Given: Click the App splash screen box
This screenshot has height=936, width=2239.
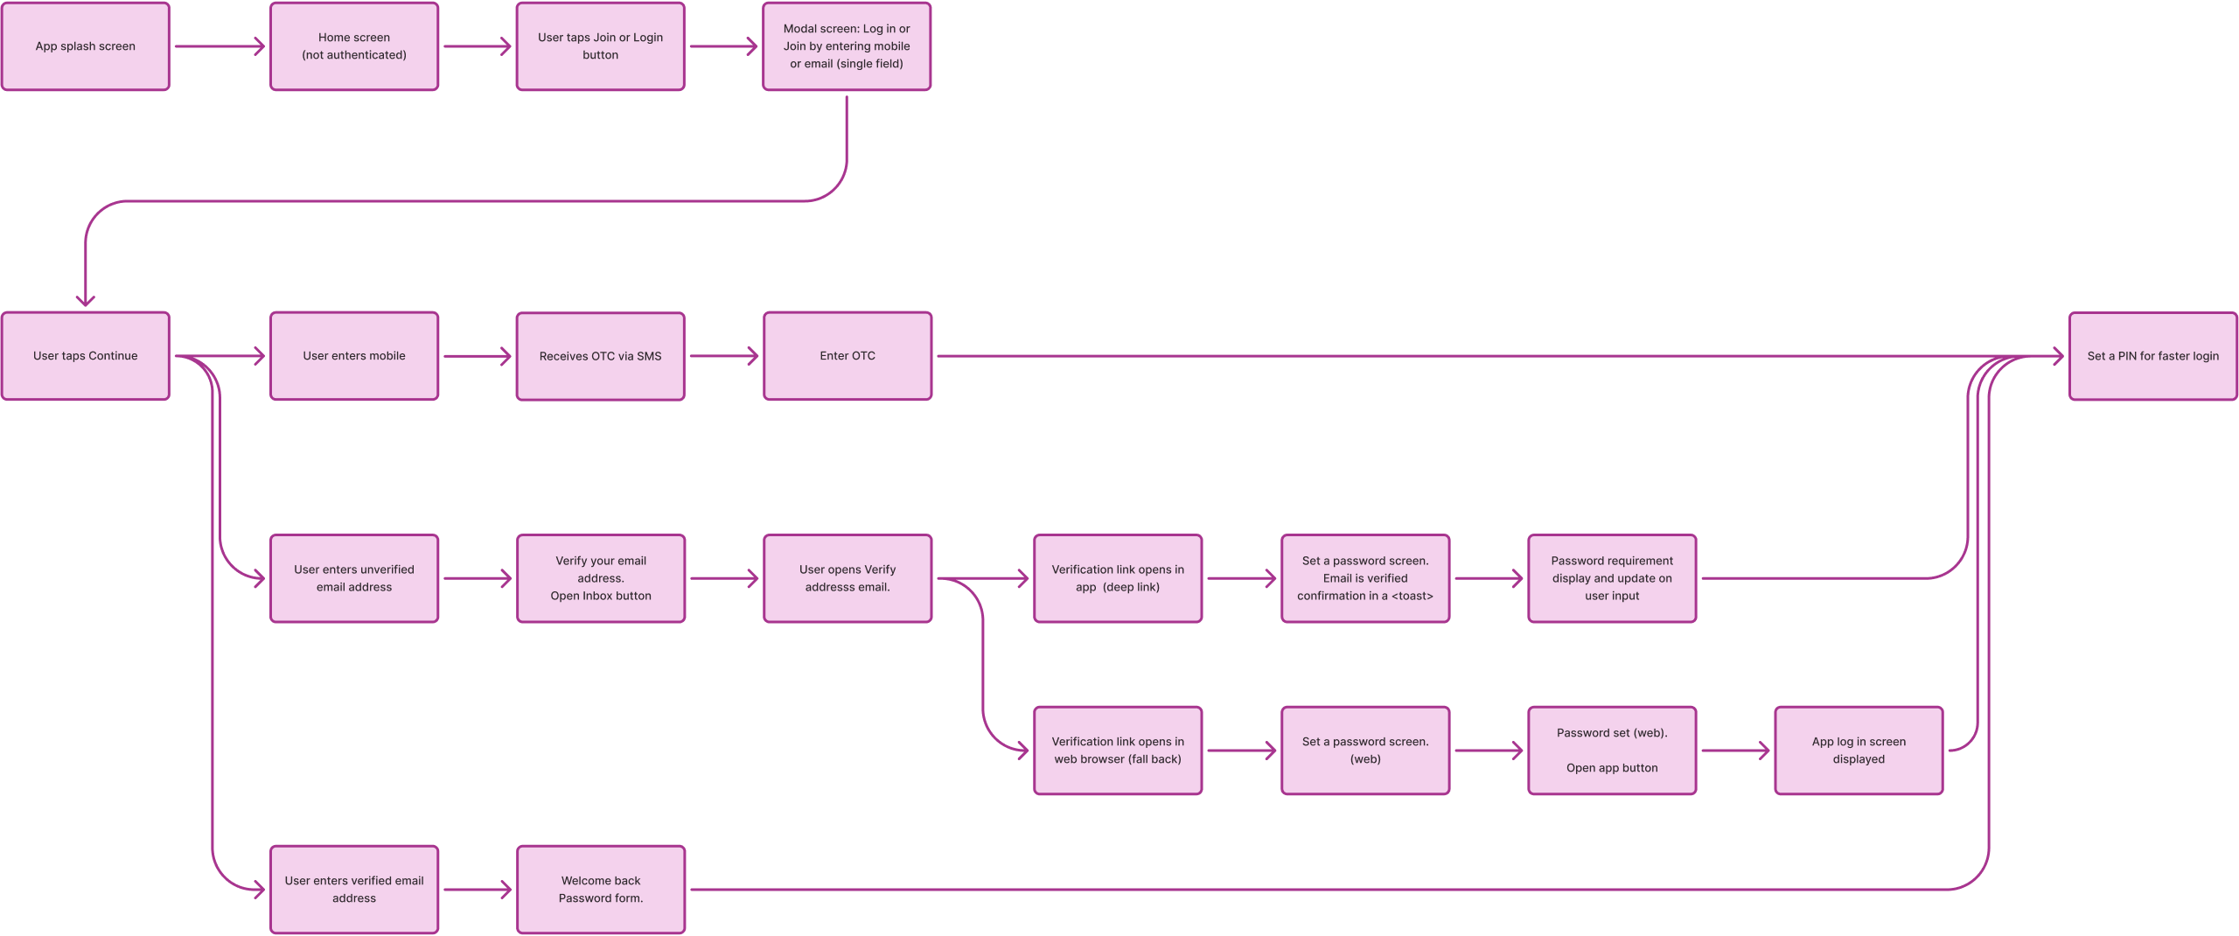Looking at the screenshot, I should tap(86, 46).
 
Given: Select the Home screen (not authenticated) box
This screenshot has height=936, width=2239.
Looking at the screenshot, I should tap(354, 46).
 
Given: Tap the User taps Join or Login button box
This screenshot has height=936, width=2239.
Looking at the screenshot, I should tap(600, 46).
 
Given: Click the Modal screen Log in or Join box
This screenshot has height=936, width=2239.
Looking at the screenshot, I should tap(847, 46).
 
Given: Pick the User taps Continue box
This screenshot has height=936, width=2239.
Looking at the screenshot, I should tap(86, 356).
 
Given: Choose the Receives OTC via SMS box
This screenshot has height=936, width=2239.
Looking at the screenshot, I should tap(600, 356).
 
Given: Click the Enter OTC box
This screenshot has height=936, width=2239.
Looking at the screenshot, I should tap(847, 356).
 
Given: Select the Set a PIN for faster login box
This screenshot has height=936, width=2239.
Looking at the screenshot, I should tap(2152, 356).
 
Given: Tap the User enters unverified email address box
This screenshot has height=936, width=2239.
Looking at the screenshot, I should tap(354, 578).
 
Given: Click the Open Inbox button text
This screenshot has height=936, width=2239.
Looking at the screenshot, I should tap(601, 596).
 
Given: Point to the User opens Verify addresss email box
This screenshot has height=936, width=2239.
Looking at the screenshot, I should tap(847, 578).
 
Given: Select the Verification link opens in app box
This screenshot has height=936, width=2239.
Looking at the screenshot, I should tap(1118, 578).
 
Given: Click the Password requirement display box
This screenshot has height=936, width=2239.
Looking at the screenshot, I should tap(1612, 578).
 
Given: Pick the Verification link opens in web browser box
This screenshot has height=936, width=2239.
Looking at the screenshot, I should tap(1118, 751).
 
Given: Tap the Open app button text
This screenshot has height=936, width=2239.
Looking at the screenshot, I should tap(1612, 768).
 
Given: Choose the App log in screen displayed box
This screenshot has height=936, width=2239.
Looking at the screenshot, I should tap(1859, 751).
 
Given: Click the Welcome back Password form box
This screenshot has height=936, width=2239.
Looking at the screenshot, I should tap(601, 890).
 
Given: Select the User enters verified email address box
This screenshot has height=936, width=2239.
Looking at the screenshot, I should tap(354, 890).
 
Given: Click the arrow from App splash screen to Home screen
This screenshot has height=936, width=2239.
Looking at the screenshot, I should tap(220, 46).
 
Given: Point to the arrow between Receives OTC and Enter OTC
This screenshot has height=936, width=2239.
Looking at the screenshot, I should tap(723, 356).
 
